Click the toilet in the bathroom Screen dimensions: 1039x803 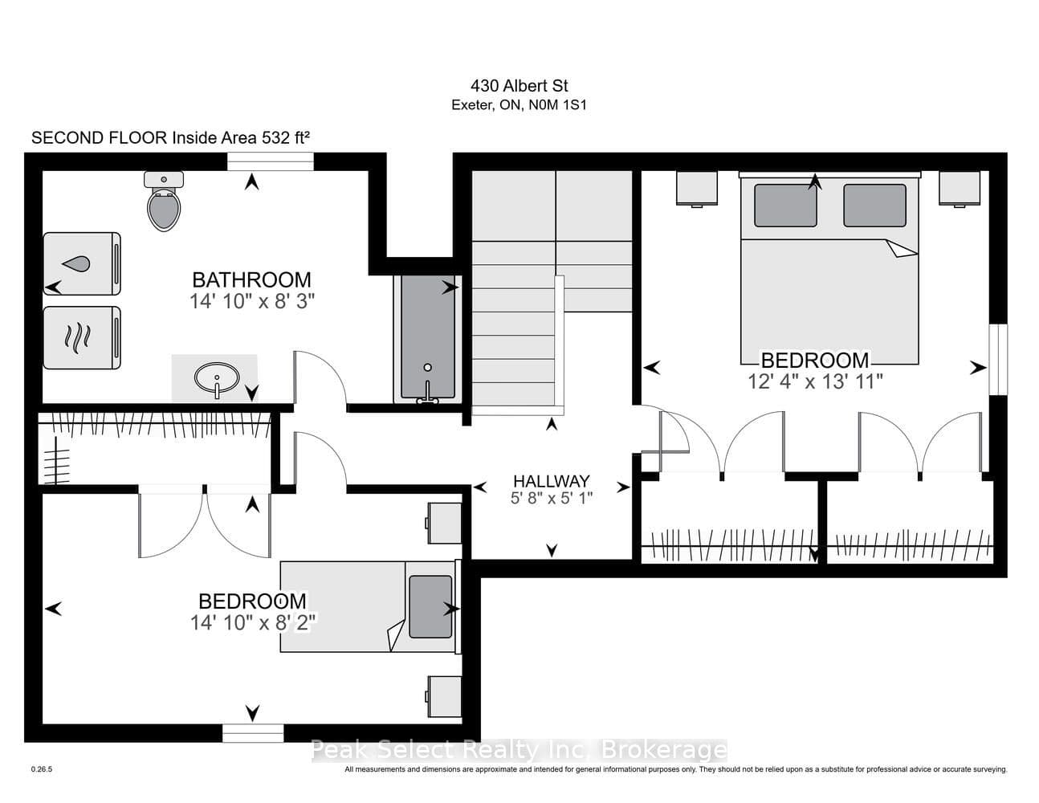click(x=164, y=202)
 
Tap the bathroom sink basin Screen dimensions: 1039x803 click(x=217, y=377)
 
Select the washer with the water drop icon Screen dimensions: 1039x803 click(x=82, y=263)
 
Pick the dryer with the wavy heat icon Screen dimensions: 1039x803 click(x=82, y=337)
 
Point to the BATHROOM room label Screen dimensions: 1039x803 click(x=251, y=279)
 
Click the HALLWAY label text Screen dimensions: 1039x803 click(x=552, y=481)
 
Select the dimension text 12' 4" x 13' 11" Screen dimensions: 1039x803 click(x=815, y=382)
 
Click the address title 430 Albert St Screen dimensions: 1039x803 click(x=519, y=86)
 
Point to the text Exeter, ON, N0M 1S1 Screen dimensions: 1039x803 click(x=519, y=105)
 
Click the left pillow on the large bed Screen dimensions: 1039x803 click(x=785, y=206)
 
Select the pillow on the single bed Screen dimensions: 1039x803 click(x=430, y=606)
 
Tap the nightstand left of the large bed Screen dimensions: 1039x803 click(x=697, y=189)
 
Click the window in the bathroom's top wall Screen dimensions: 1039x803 click(x=270, y=161)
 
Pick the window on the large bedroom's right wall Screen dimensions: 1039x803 click(x=998, y=360)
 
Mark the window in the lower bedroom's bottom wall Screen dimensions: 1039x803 click(x=253, y=733)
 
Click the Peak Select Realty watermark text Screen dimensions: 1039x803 click(x=519, y=749)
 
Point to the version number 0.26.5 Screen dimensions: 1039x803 click(x=42, y=769)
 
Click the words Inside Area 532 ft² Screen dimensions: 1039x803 click(x=241, y=137)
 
